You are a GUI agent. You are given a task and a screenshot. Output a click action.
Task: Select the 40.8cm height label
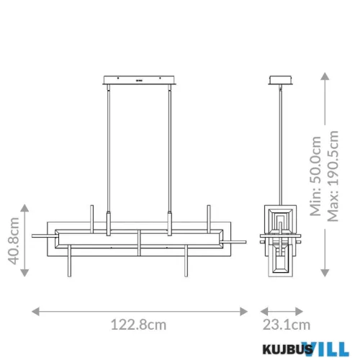pyautogui.click(x=12, y=240)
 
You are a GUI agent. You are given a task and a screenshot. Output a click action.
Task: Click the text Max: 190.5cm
pyautogui.click(x=333, y=176)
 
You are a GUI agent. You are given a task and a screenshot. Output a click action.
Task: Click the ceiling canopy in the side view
pyautogui.click(x=280, y=79)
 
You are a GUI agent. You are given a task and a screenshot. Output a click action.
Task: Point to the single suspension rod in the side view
pyautogui.click(x=280, y=144)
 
